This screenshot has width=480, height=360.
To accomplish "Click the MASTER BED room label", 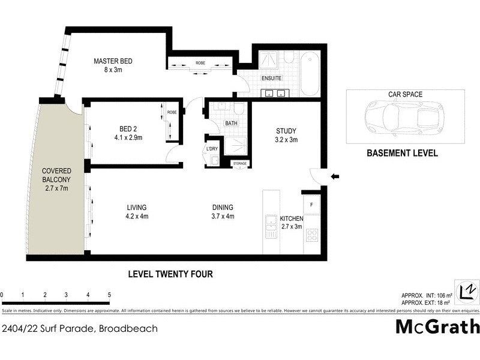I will (112, 61).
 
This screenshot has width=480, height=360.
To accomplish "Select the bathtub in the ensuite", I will (310, 74).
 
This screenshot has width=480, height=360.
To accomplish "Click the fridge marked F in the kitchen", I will (311, 205).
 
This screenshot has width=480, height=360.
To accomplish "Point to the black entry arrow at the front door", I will (335, 176).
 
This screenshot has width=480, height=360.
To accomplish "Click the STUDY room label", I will (286, 131).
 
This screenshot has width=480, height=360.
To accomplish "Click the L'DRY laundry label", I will (212, 148).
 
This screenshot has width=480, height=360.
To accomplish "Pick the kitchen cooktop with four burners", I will (312, 235).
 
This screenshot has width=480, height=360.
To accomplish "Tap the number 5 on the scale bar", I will (109, 295).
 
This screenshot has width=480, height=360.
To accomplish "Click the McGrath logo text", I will (437, 326).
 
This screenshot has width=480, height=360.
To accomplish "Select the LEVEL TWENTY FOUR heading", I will (171, 274).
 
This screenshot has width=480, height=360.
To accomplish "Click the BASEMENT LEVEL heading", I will (402, 153).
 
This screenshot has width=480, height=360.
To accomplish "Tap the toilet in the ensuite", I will (287, 58).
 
